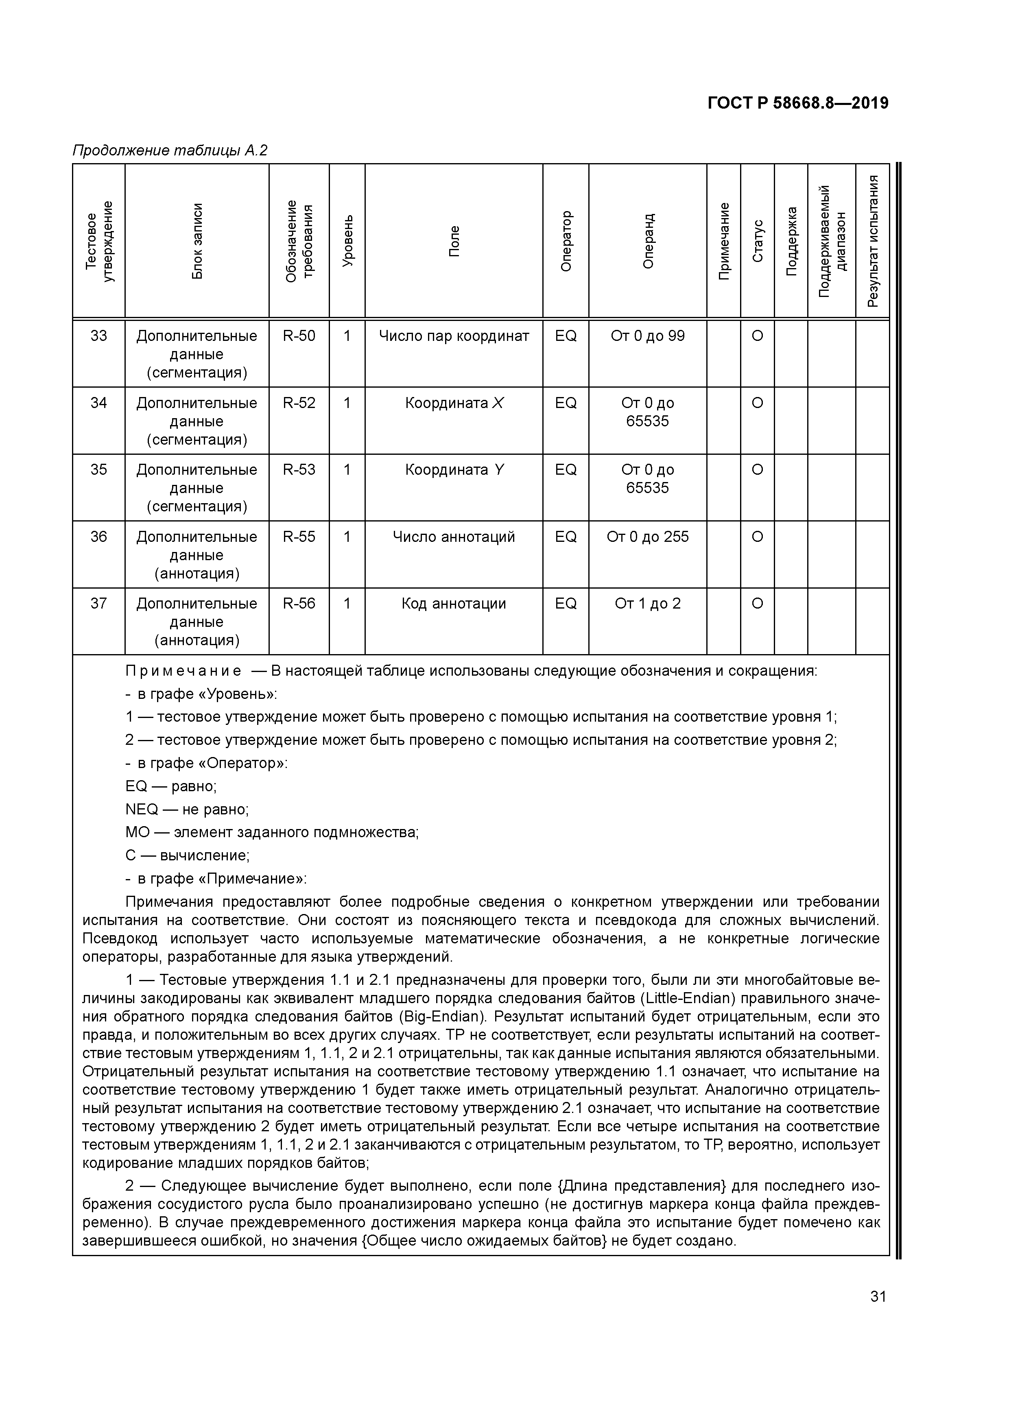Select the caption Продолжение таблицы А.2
point(170,151)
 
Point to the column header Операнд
point(648,241)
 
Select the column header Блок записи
point(197,241)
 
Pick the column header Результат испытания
point(872,241)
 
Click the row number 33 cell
point(99,336)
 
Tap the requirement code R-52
point(299,404)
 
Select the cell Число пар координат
point(454,336)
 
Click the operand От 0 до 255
point(648,537)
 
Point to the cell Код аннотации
point(454,604)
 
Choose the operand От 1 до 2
point(648,604)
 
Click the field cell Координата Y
point(454,470)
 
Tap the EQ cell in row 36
point(566,537)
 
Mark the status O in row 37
point(757,604)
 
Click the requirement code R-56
point(299,604)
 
